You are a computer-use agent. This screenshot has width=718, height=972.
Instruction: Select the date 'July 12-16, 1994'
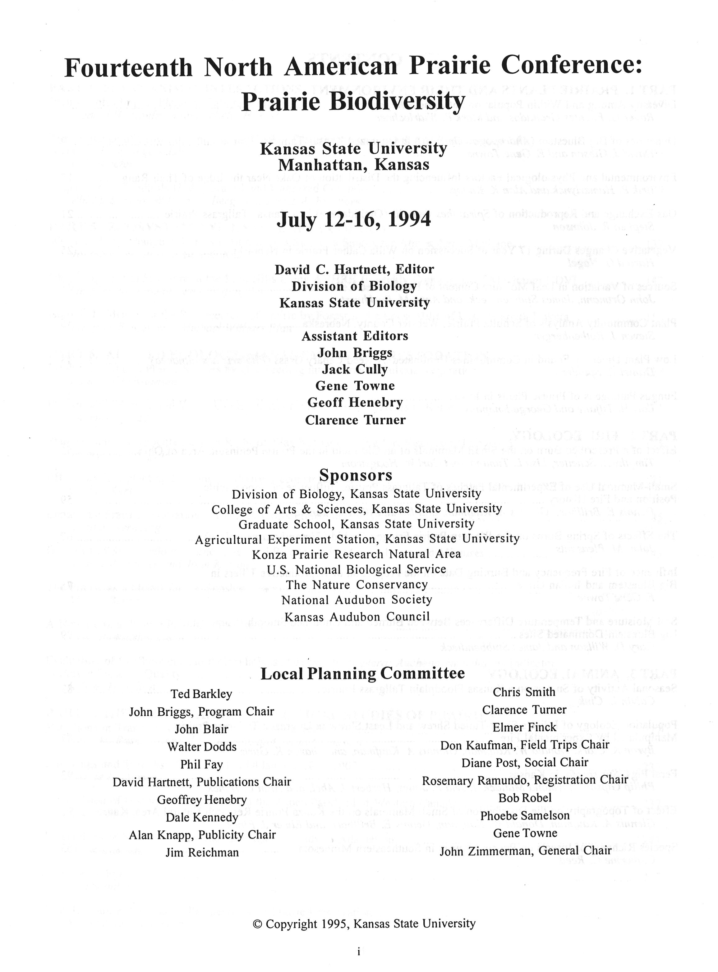[x=354, y=219]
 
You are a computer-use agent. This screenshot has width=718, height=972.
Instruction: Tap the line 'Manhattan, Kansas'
[x=354, y=165]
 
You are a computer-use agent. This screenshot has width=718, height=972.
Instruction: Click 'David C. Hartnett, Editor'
[x=354, y=269]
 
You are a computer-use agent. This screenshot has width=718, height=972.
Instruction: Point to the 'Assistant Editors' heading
[x=355, y=336]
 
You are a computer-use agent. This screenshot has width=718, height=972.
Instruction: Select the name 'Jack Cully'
[x=355, y=369]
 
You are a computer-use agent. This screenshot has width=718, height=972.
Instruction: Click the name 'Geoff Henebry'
[x=355, y=403]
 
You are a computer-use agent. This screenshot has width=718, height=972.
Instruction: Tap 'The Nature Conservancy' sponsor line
[x=357, y=585]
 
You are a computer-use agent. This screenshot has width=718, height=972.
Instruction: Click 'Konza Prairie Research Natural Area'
[x=357, y=554]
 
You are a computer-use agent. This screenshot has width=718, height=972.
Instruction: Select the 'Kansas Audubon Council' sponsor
[x=357, y=617]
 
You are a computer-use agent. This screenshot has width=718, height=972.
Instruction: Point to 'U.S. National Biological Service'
[x=357, y=569]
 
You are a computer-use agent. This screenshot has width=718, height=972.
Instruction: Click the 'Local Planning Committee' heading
[x=362, y=673]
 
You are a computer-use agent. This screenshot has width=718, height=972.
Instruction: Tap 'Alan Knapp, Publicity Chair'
[x=202, y=835]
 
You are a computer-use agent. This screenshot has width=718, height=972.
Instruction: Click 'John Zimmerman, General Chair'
[x=525, y=851]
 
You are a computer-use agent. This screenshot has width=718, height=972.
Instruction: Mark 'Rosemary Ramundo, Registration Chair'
[x=525, y=780]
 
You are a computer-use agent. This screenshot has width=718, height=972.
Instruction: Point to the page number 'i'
[x=359, y=952]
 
